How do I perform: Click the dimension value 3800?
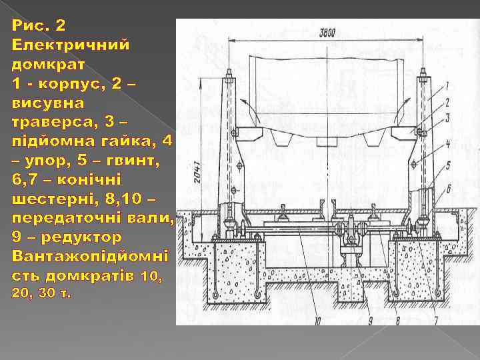[327, 33]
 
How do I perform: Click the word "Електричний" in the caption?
[71, 45]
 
